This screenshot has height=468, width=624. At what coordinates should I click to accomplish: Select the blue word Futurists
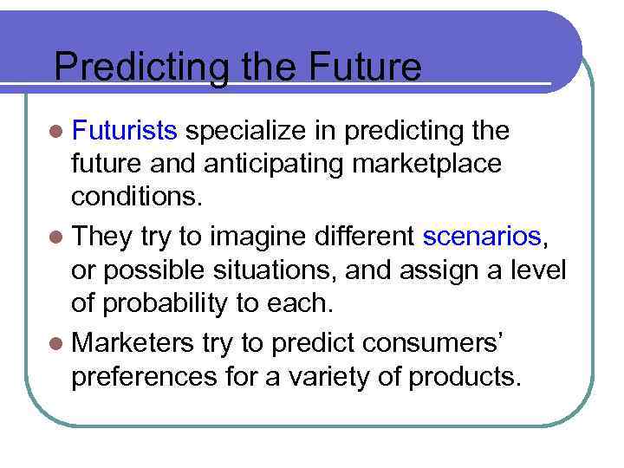point(126,131)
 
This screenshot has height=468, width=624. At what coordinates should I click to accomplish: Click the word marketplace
point(425,164)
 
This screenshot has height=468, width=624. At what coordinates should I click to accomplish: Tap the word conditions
point(137,198)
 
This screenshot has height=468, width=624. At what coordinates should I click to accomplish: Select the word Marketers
point(134,342)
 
